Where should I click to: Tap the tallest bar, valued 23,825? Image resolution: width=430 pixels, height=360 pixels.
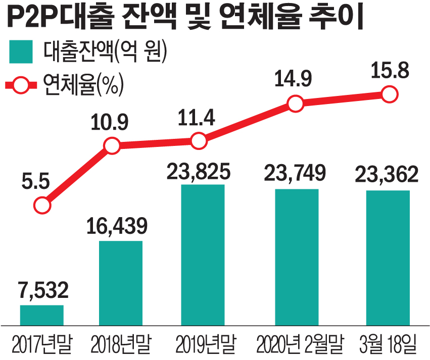click(202, 255)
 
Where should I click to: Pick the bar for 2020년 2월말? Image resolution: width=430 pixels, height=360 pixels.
click(297, 257)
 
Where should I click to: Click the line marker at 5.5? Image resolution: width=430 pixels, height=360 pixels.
click(42, 205)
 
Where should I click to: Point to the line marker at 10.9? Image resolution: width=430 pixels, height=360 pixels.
click(112, 146)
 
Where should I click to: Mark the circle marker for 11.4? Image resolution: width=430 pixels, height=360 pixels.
click(200, 141)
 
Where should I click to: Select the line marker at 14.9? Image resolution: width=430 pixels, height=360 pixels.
click(296, 104)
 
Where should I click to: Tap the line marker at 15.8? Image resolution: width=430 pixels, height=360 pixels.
click(389, 94)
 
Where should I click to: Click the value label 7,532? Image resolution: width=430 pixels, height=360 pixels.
click(42, 291)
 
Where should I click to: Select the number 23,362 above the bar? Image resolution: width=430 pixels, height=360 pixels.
click(388, 175)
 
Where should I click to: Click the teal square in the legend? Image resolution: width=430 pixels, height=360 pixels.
click(19, 52)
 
